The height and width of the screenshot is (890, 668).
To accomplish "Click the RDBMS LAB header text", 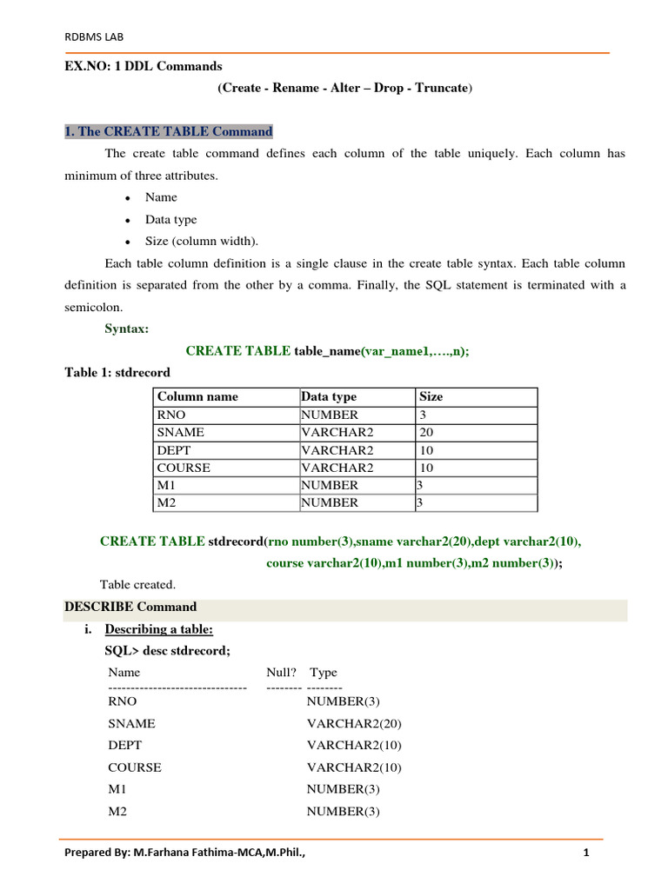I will [x=89, y=37].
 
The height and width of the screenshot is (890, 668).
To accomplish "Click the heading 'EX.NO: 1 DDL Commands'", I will [x=144, y=66].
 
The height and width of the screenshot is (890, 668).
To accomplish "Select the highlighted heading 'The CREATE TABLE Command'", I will [x=169, y=131].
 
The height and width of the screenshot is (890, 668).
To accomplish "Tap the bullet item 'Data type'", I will [x=171, y=220].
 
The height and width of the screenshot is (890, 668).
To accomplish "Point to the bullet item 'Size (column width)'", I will [x=202, y=242].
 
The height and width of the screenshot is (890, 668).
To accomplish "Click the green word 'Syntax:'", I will [x=127, y=329].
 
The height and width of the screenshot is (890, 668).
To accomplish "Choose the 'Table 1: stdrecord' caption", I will [x=117, y=372].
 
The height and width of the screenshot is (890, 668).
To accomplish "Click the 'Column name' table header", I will [x=197, y=396].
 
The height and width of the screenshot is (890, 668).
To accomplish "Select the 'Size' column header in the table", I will [x=431, y=396].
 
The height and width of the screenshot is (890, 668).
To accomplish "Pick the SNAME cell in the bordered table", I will [x=180, y=432].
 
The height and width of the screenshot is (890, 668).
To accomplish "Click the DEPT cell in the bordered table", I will [x=174, y=450].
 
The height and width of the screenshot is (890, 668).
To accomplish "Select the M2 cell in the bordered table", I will [x=168, y=502].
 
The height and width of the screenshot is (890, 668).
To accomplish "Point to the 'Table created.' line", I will [x=137, y=584].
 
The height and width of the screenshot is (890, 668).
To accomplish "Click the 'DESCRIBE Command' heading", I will [x=130, y=607].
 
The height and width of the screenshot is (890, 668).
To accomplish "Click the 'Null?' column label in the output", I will [x=281, y=672].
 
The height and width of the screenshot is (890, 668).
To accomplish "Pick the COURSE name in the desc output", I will [x=135, y=767].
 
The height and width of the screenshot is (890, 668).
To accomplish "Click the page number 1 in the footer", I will [x=586, y=853].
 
